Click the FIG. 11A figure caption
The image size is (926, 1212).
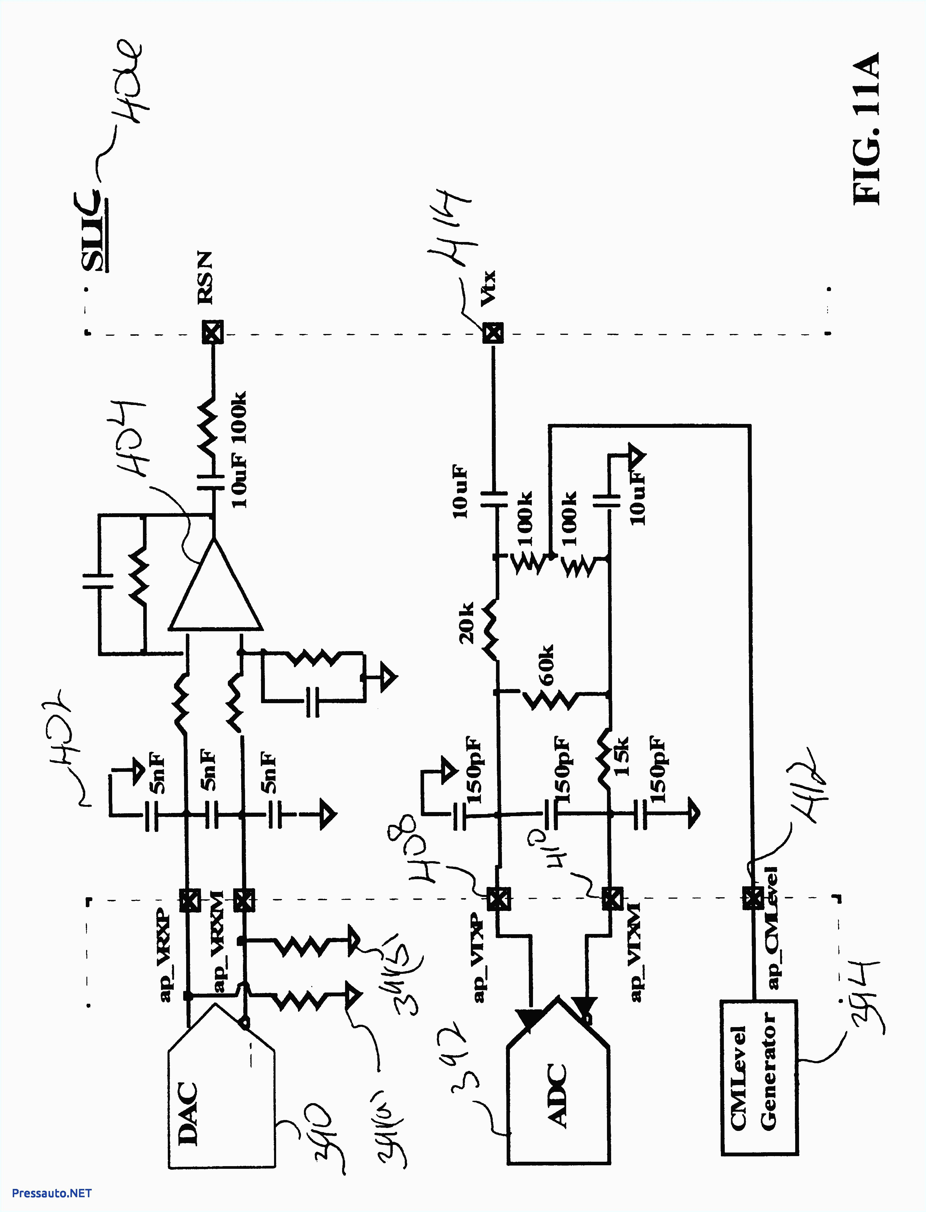pyautogui.click(x=865, y=130)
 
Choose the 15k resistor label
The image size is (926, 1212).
pyautogui.click(x=622, y=758)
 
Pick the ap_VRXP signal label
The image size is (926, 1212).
pyautogui.click(x=165, y=953)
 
